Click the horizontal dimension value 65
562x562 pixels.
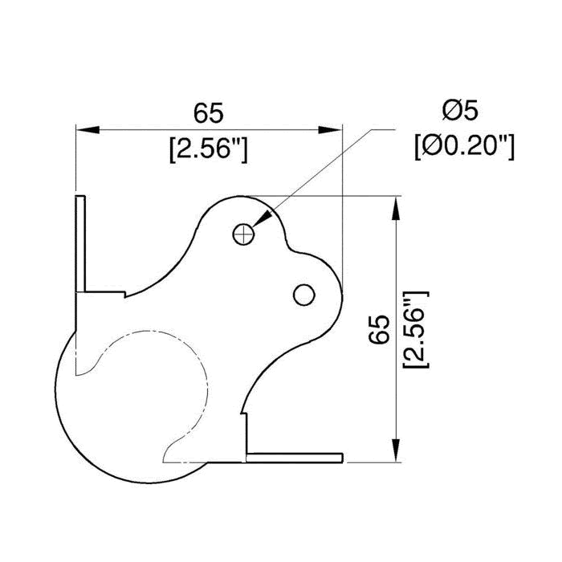pos(209,113)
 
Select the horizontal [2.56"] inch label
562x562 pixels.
pos(209,149)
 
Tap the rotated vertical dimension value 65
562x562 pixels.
pos(380,329)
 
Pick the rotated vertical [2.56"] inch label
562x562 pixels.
pos(416,329)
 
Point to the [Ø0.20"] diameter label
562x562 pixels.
pos(465,147)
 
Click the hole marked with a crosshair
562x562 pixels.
pos(243,235)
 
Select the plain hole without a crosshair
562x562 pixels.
pos(304,295)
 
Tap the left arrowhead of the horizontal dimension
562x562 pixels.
pos(88,130)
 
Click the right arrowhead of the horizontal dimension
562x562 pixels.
pos(331,130)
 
